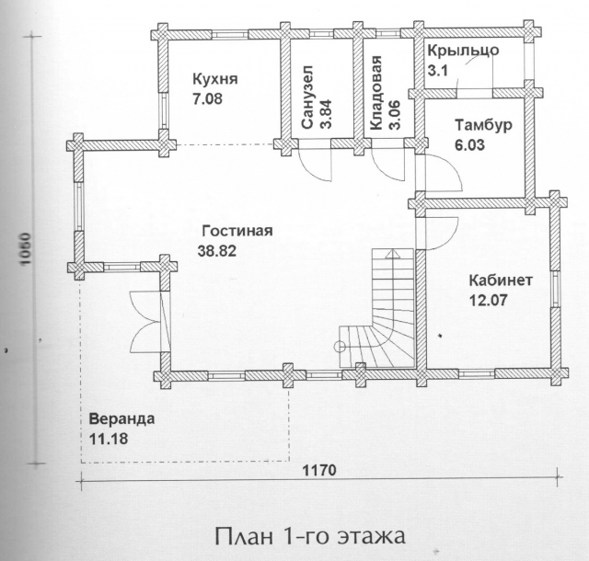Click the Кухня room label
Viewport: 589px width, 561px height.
[215, 80]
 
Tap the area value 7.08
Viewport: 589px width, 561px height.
[207, 98]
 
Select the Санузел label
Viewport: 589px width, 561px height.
[306, 97]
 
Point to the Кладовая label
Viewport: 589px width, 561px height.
[375, 93]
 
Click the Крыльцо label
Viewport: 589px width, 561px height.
[463, 51]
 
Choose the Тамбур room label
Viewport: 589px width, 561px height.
[483, 125]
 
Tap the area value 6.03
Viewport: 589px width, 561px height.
[469, 145]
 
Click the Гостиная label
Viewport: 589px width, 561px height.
[237, 231]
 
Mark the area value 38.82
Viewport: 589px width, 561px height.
[217, 250]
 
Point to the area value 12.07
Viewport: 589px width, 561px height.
[489, 300]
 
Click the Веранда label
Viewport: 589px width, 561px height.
[121, 418]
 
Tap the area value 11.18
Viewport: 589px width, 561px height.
[109, 439]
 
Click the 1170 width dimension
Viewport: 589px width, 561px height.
[319, 470]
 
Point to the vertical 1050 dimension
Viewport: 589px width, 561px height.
[25, 248]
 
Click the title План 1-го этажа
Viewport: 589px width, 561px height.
[310, 536]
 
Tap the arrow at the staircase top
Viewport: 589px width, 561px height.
[393, 254]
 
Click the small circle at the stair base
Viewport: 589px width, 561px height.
[340, 346]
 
